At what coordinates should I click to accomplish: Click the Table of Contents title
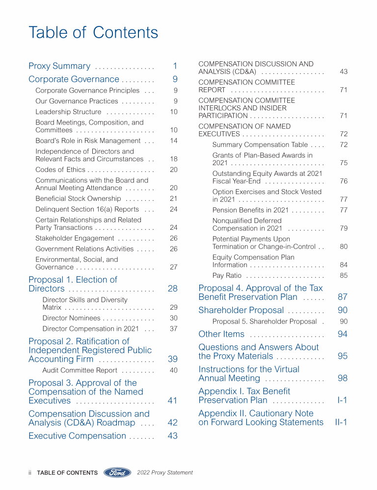[93, 32]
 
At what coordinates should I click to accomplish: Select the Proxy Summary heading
[59, 66]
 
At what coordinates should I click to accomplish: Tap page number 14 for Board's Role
[173, 141]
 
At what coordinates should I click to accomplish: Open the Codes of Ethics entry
[60, 170]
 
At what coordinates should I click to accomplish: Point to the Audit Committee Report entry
[80, 370]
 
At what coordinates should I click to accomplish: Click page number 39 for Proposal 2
[172, 359]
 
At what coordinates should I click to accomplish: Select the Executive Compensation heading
[77, 436]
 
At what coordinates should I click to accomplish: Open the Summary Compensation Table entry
[260, 145]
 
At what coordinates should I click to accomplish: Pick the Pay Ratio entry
[227, 275]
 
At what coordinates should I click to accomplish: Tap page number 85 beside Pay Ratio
[343, 275]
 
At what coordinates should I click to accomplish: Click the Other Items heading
[221, 334]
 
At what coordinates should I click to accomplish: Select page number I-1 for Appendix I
[342, 400]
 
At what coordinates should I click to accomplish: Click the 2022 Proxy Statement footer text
[165, 473]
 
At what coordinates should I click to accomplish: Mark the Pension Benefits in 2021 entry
[250, 210]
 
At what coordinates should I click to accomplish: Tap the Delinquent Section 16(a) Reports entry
[87, 209]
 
